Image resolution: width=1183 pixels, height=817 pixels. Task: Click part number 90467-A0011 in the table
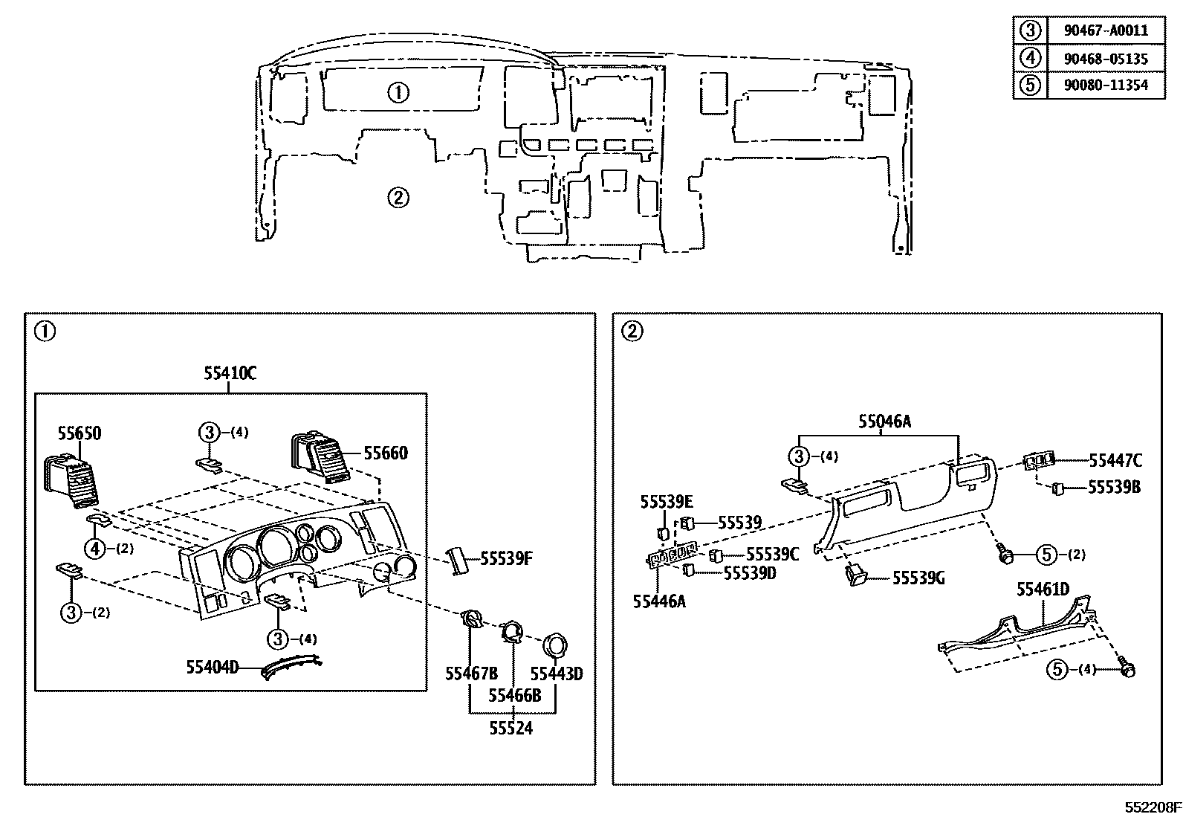pos(1106,30)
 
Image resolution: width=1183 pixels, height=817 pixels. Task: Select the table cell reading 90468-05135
pos(1106,58)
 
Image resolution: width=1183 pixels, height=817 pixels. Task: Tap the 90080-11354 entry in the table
pos(1106,85)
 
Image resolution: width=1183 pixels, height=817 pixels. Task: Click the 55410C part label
pos(230,374)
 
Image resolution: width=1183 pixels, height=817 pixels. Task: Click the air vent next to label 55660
pos(319,459)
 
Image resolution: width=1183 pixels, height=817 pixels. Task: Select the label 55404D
pos(213,668)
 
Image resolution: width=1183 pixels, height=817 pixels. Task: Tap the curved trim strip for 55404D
pos(291,666)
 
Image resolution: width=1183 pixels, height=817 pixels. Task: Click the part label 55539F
pos(506,558)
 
